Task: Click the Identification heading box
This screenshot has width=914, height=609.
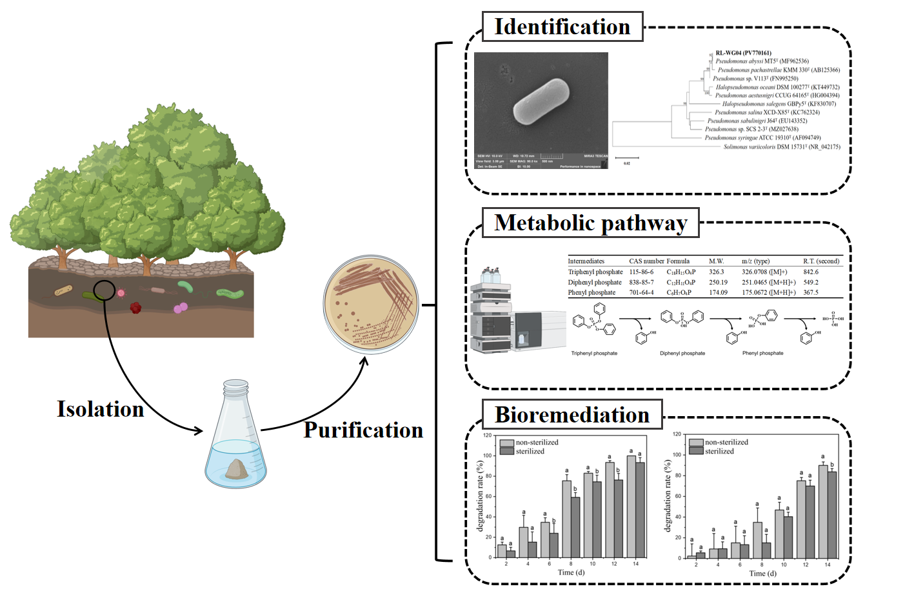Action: pos(562,27)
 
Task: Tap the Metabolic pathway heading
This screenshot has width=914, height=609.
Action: pos(590,223)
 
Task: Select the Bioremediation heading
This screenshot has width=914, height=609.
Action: pos(571,415)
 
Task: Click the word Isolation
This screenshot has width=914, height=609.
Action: pos(100,409)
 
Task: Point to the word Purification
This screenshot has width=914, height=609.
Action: pos(363,430)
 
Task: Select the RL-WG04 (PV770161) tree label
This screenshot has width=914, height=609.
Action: pos(743,53)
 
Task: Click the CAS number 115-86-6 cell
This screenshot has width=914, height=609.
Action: pos(641,272)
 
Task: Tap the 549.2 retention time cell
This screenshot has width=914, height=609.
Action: pos(811,283)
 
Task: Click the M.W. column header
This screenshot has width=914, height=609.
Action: pos(716,261)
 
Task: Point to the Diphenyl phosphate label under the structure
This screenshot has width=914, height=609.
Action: pos(682,354)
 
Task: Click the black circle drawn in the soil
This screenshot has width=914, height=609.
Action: pos(104,290)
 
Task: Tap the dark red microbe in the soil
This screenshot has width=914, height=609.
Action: pos(135,308)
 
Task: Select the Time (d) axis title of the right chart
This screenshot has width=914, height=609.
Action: pos(762,574)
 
